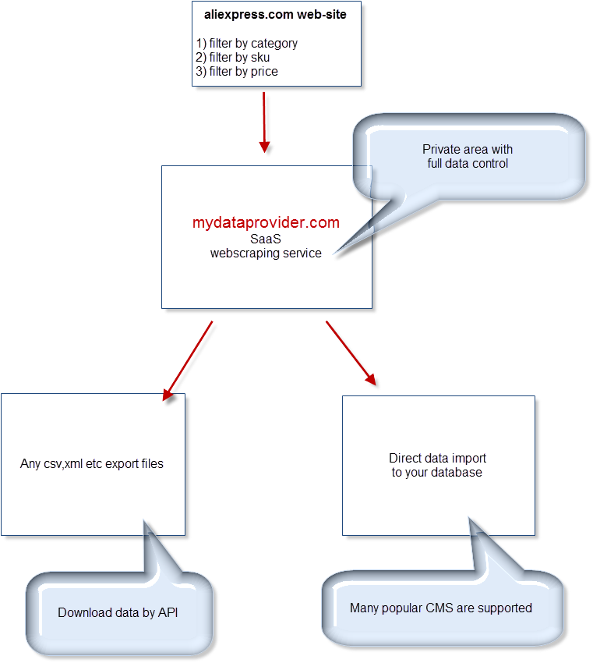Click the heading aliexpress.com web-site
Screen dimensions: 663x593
[277, 14]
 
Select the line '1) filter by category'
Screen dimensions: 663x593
[246, 44]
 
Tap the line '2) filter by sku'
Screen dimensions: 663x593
[233, 58]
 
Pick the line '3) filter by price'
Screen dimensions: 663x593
[237, 72]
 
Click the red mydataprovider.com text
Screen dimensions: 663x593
[266, 223]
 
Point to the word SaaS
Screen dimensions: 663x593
[266, 239]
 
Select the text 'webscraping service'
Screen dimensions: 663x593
[266, 253]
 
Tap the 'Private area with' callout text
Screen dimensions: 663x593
[468, 150]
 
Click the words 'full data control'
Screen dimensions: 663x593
[468, 164]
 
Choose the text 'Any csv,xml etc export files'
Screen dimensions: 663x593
[92, 464]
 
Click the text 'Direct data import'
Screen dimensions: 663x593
[437, 459]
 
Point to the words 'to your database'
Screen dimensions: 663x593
[437, 473]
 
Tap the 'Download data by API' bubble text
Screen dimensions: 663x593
[118, 613]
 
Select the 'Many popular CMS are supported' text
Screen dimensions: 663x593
[441, 608]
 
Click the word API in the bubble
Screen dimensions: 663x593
[168, 613]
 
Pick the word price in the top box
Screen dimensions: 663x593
[263, 72]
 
